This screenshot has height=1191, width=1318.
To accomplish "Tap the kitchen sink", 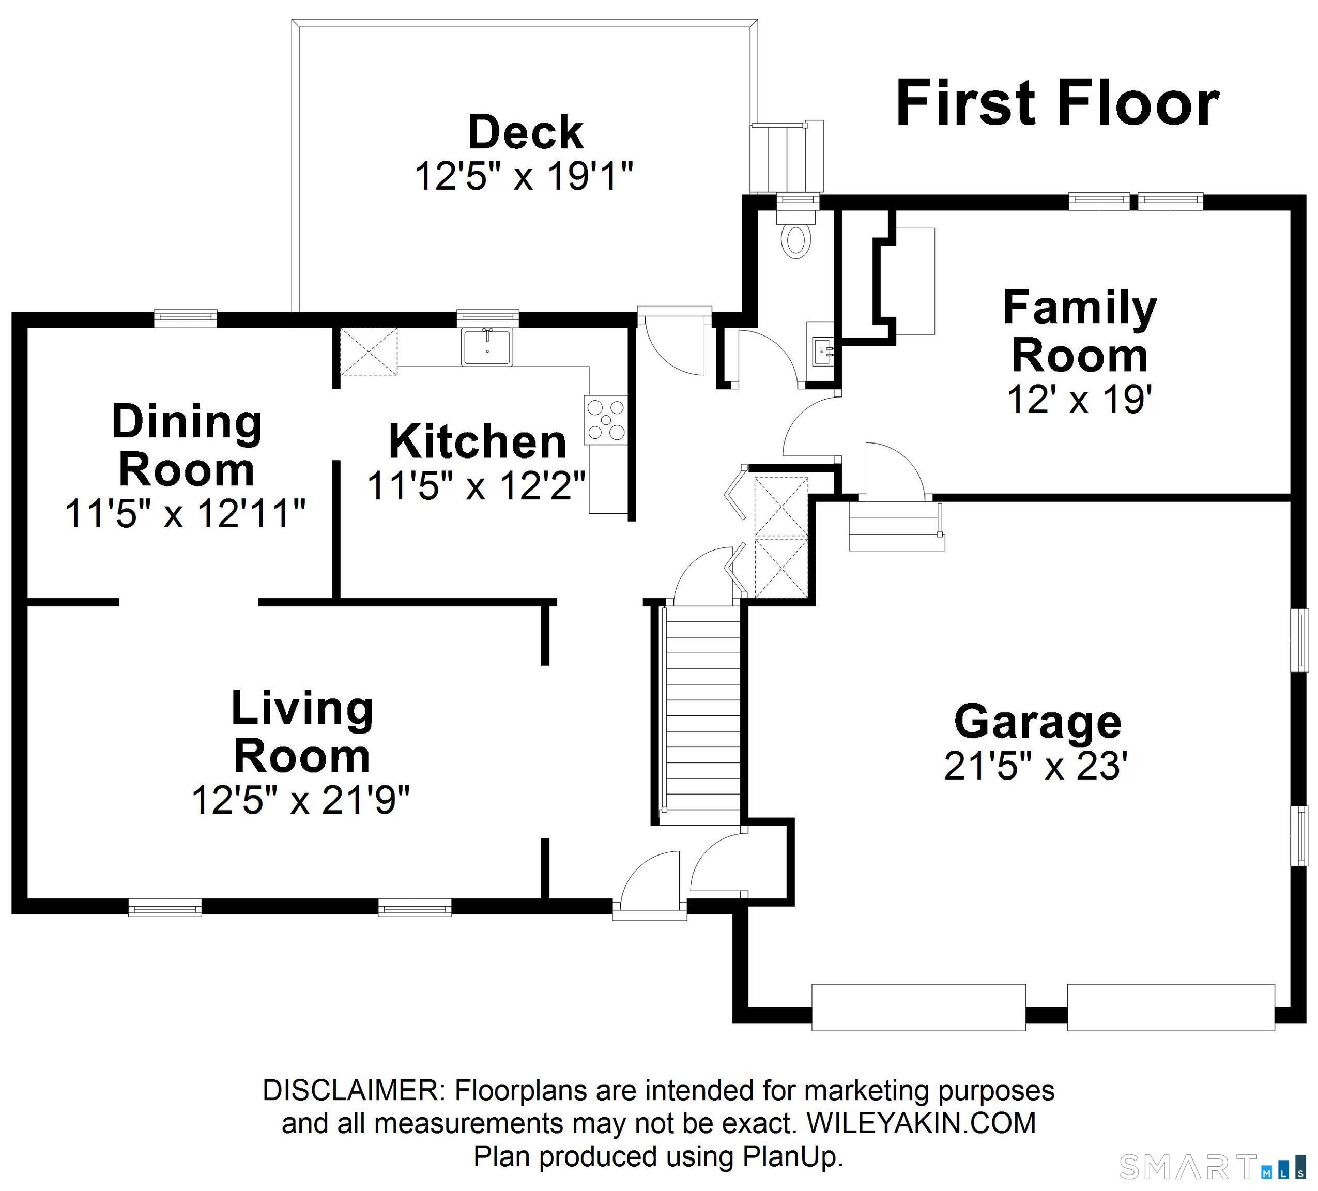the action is point(487,347).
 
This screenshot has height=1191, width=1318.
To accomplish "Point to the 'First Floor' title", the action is point(1056,103).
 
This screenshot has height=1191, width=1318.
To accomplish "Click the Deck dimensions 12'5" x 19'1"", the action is point(524,176).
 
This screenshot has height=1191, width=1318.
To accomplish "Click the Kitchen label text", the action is point(477,442).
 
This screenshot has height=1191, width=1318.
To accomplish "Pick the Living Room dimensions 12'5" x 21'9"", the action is point(301,800).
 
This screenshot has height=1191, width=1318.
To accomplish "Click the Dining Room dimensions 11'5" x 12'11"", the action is point(185,514).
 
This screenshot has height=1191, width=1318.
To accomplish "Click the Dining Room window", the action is point(186,318).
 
